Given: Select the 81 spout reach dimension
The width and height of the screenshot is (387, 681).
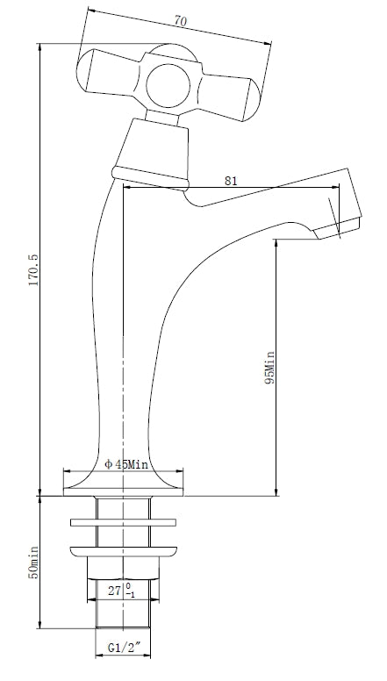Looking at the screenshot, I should click(231, 181).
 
